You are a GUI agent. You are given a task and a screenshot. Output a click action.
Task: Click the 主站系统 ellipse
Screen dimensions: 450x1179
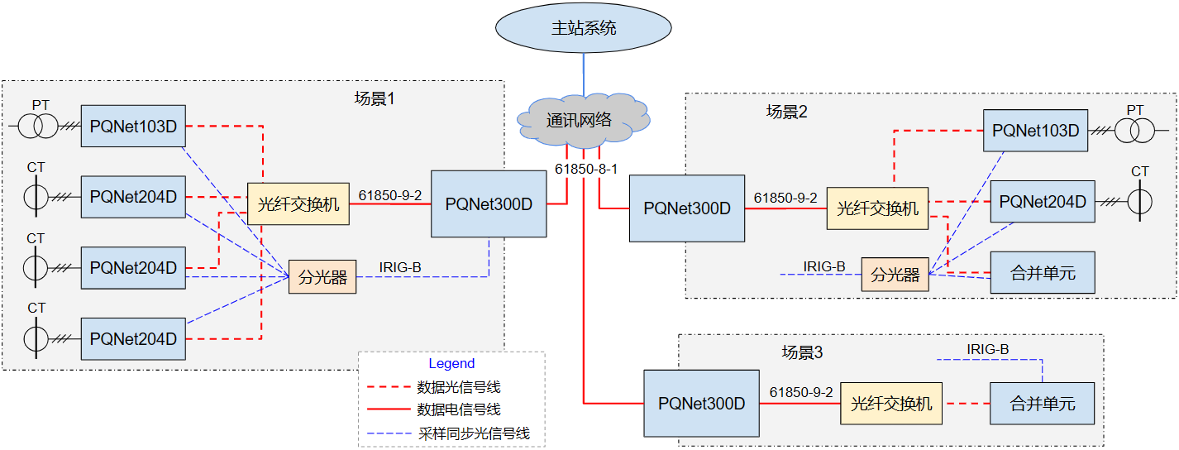pos(584,28)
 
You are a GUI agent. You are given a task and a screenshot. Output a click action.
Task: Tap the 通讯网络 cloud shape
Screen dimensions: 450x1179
pos(582,120)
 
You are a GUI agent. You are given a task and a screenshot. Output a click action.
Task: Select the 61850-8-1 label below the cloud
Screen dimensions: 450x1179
pos(585,169)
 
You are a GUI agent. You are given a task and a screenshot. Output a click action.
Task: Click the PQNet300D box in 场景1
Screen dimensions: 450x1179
pos(489,203)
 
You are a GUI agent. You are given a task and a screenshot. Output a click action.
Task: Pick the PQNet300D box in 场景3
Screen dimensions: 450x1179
pos(702,404)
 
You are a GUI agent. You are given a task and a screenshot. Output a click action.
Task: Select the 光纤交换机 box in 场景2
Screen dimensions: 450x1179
pos(877,208)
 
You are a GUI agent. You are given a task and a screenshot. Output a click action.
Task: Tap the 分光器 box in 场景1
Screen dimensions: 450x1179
pos(322,277)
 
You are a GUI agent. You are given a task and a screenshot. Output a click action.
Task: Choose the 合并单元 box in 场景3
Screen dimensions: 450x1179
pos(1043,404)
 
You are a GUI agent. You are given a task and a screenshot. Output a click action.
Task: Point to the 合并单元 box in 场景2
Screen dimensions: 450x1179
pos(1043,272)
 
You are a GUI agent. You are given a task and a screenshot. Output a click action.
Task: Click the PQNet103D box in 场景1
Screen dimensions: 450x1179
pos(133,126)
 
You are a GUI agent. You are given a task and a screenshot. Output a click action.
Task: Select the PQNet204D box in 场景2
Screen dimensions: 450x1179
pos(1043,201)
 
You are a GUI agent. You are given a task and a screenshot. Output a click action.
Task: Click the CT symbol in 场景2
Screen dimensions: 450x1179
pos(1139,201)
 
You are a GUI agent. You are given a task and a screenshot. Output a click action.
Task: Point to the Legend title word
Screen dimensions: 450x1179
pos(451,363)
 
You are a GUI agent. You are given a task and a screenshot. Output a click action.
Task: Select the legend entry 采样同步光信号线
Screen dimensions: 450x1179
pos(474,433)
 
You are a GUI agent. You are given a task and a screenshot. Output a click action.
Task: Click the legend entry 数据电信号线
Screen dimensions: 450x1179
pos(459,409)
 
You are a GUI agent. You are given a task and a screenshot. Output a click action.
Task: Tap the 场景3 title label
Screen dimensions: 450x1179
pos(802,352)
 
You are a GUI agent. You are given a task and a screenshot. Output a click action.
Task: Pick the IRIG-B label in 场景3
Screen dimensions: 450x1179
pos(987,349)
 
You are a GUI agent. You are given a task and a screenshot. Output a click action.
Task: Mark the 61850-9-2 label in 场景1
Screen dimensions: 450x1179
pos(390,195)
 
